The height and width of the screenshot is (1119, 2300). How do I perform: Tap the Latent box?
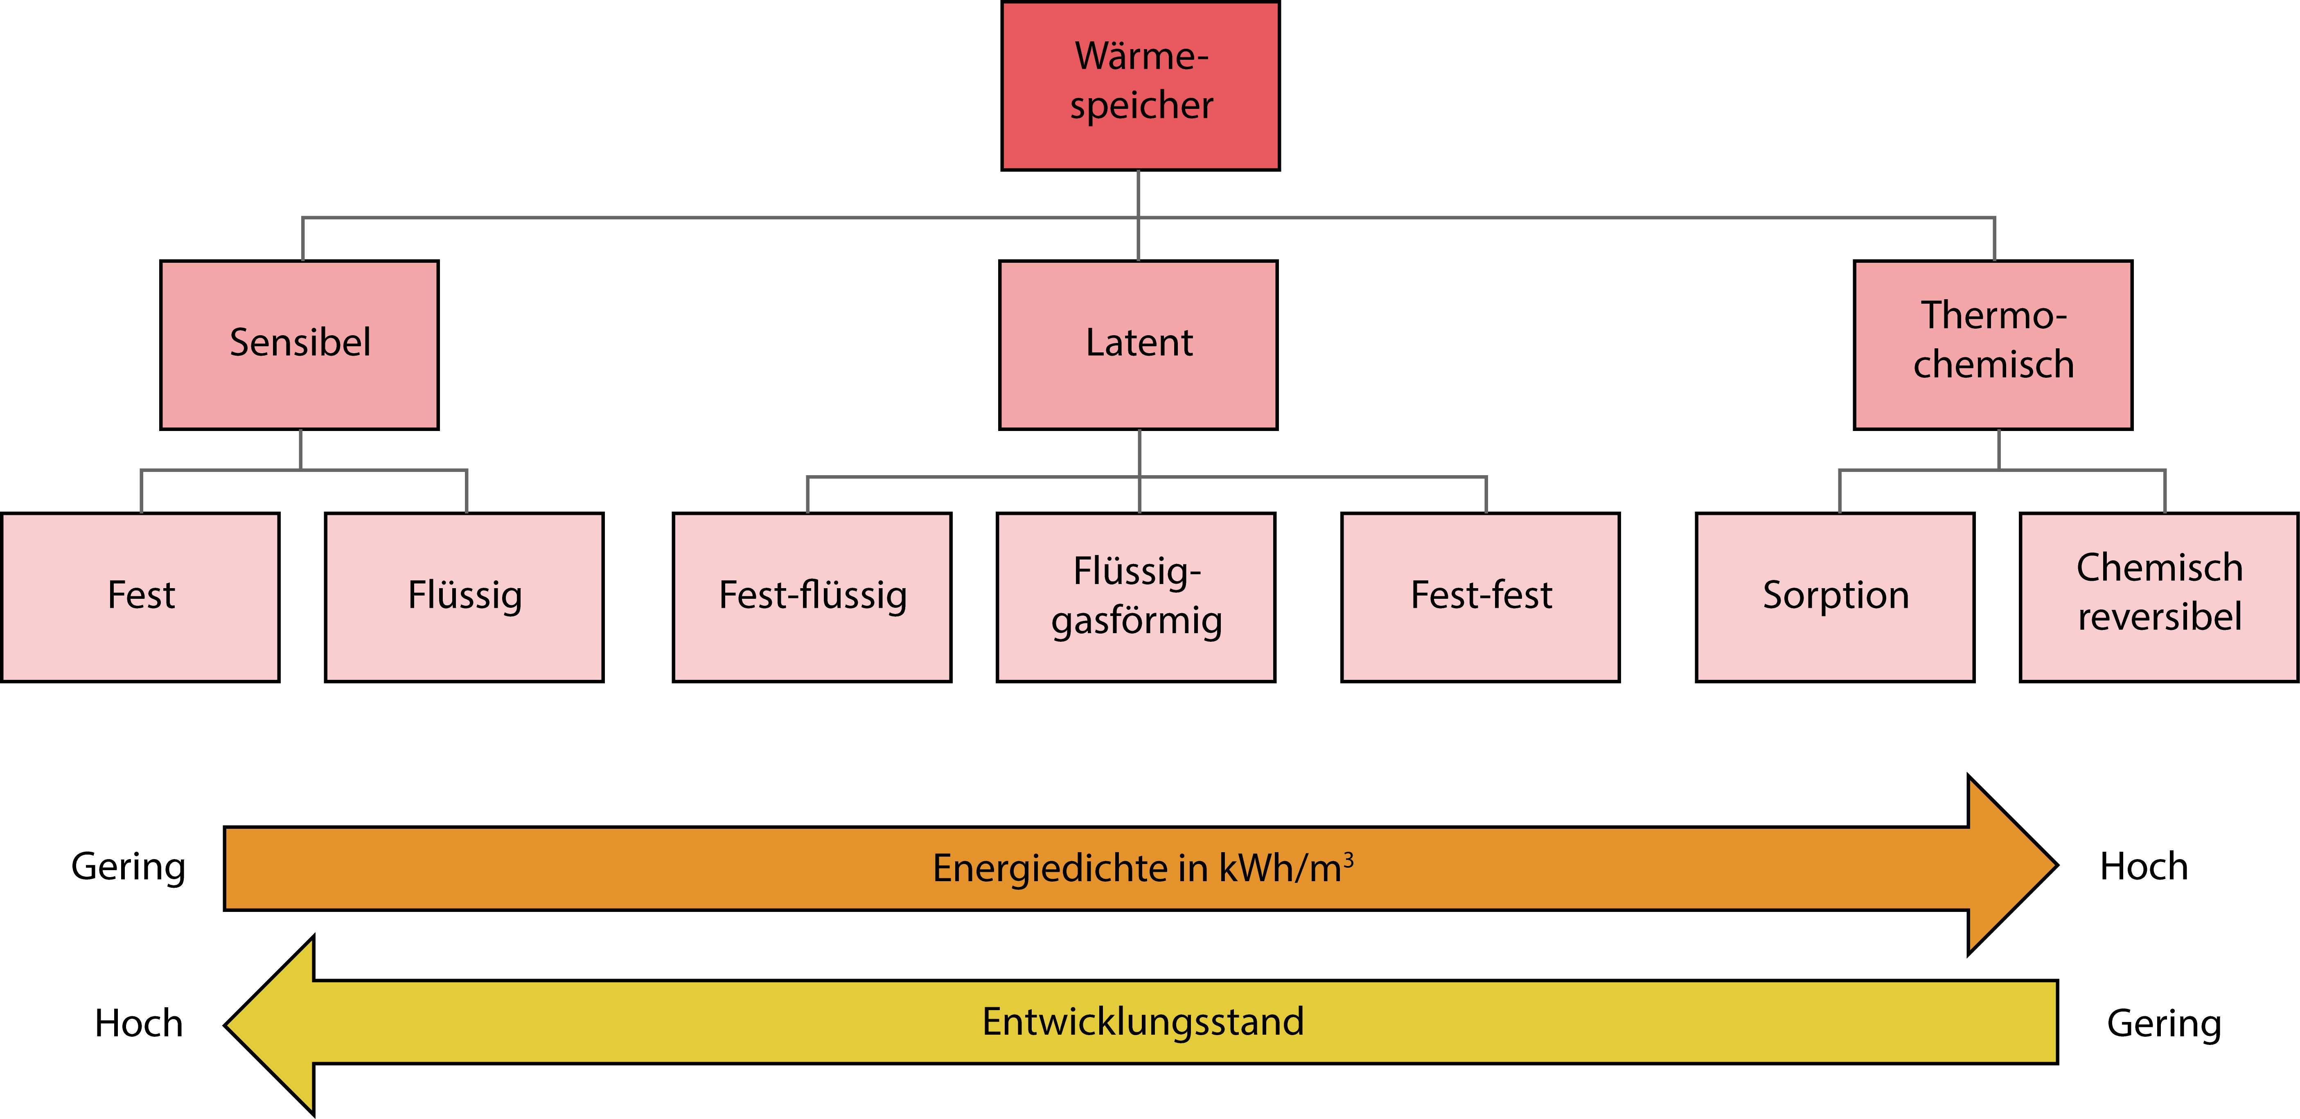point(1139,345)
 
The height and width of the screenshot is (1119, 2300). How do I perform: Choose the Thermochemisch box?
point(1993,345)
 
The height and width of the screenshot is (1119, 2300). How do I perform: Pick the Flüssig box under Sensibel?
point(464,597)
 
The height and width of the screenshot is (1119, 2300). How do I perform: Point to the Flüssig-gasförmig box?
point(1136,597)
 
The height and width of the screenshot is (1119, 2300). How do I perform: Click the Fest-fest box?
point(1480,597)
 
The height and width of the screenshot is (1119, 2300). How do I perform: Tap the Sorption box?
point(1835,597)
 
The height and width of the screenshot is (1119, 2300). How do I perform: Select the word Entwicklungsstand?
point(1143,1022)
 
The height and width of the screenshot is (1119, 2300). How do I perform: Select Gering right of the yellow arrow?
point(2163,1024)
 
